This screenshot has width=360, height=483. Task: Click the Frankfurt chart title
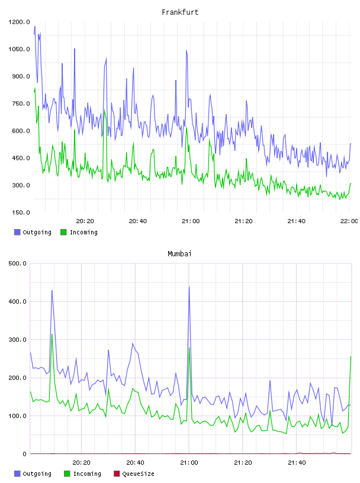click(180, 12)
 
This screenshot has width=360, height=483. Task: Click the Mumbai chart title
click(179, 254)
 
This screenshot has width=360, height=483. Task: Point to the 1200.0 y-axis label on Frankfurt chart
click(19, 22)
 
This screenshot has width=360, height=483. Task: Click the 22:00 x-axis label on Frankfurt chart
click(349, 221)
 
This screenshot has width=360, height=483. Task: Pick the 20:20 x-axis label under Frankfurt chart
click(85, 221)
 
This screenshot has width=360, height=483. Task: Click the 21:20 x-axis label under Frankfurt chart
click(243, 221)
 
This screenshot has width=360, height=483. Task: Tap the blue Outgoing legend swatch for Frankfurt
click(17, 232)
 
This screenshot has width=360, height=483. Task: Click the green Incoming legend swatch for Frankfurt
click(63, 232)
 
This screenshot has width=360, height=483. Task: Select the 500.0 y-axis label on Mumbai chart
click(18, 263)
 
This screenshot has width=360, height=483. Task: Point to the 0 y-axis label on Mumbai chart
click(25, 454)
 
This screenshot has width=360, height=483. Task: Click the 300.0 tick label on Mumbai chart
click(18, 339)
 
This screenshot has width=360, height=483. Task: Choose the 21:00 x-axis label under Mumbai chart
click(189, 463)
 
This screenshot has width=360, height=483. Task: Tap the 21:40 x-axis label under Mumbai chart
click(297, 463)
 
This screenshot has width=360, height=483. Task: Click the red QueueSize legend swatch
click(117, 474)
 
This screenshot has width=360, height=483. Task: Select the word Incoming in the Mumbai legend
click(87, 474)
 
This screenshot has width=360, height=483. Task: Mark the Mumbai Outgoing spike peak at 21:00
click(189, 287)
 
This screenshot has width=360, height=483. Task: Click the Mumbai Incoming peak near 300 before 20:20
click(52, 334)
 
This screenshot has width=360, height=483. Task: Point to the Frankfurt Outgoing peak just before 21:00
click(186, 50)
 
